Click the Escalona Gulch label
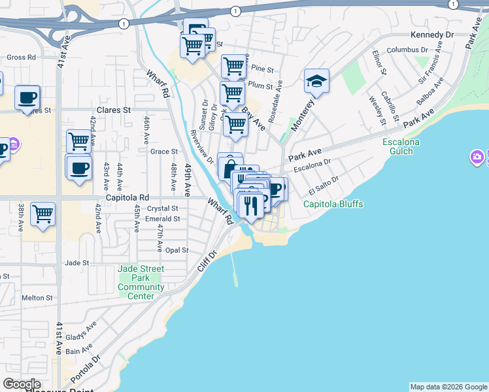pyautogui.click(x=401, y=147)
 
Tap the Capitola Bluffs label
pyautogui.click(x=333, y=204)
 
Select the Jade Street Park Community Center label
pyautogui.click(x=141, y=282)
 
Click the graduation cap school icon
pyautogui.click(x=316, y=82)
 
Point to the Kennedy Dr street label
pyautogui.click(x=431, y=35)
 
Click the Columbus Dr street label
pyautogui.click(x=407, y=49)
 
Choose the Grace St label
pyautogui.click(x=164, y=152)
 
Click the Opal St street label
pyautogui.click(x=177, y=250)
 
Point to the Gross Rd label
pyautogui.click(x=21, y=57)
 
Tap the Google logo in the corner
pyautogui.click(x=22, y=384)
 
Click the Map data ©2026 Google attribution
pyautogui.click(x=448, y=387)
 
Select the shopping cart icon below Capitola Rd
pyautogui.click(x=42, y=214)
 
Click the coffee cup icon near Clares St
pyautogui.click(x=27, y=98)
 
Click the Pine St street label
pyautogui.click(x=261, y=68)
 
